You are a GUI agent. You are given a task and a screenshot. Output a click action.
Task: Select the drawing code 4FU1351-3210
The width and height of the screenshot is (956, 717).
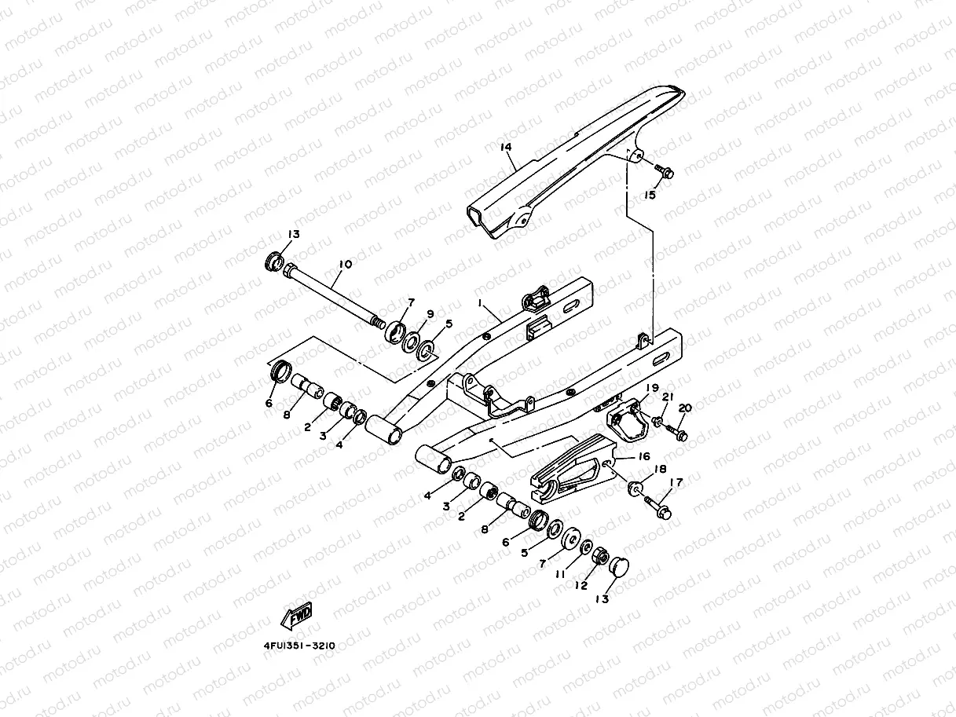click(x=299, y=645)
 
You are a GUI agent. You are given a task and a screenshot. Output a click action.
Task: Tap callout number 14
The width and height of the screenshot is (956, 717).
click(x=505, y=147)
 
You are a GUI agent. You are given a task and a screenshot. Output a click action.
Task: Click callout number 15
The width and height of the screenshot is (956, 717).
click(x=650, y=195)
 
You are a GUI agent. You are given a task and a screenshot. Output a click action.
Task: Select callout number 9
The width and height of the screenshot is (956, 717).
click(x=430, y=313)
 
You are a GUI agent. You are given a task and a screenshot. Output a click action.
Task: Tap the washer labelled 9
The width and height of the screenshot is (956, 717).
click(x=411, y=342)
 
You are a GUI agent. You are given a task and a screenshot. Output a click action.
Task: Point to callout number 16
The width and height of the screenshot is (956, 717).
click(x=644, y=455)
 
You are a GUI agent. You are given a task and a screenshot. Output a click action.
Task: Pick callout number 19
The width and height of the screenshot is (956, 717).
click(x=652, y=388)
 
